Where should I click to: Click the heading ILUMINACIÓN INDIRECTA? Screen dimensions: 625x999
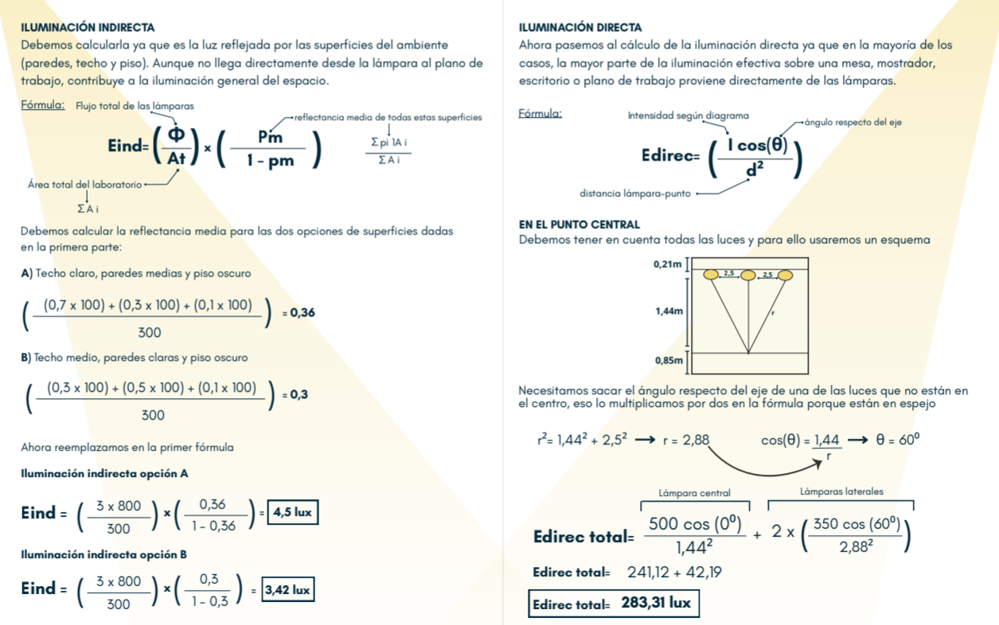pyautogui.click(x=88, y=27)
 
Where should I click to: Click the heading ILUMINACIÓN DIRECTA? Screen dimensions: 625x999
pyautogui.click(x=579, y=27)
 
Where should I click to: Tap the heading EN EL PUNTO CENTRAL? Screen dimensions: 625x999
pyautogui.click(x=579, y=225)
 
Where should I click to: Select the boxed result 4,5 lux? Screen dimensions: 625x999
pyautogui.click(x=292, y=512)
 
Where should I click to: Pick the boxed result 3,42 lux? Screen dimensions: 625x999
pyautogui.click(x=288, y=589)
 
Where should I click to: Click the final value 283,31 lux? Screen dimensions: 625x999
pyautogui.click(x=656, y=603)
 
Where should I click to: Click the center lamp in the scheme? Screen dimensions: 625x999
pyautogui.click(x=748, y=275)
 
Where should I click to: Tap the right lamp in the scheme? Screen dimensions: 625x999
pyautogui.click(x=786, y=275)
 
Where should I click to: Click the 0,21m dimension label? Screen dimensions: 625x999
pyautogui.click(x=667, y=264)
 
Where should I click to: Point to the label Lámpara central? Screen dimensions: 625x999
pyautogui.click(x=694, y=493)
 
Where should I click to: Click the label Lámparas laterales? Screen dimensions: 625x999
pyautogui.click(x=841, y=491)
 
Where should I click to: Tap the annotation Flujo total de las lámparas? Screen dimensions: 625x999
pyautogui.click(x=135, y=106)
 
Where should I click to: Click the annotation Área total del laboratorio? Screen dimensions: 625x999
pyautogui.click(x=84, y=184)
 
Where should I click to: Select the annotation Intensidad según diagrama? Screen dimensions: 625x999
pyautogui.click(x=688, y=115)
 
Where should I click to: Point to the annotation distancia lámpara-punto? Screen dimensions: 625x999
pyautogui.click(x=635, y=192)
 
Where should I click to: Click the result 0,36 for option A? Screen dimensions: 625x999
pyautogui.click(x=302, y=312)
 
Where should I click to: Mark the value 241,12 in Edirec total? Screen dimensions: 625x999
pyautogui.click(x=650, y=572)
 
